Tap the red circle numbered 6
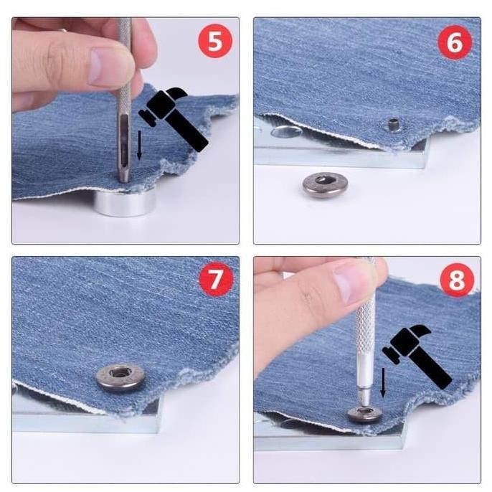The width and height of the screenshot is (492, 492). click(x=454, y=42)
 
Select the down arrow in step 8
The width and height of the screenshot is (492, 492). click(x=382, y=381)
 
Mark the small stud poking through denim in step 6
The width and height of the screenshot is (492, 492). click(x=393, y=126)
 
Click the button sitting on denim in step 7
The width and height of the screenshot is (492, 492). click(x=120, y=375)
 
